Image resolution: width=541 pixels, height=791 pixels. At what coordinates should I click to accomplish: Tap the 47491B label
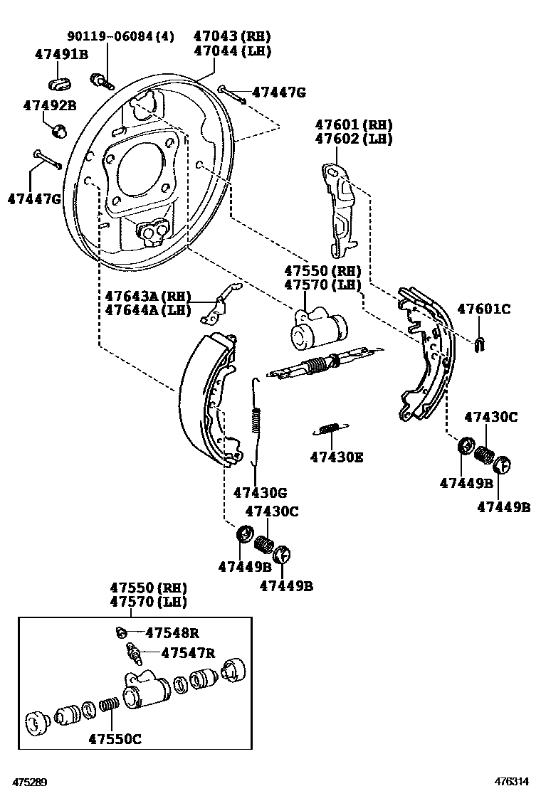point(61,54)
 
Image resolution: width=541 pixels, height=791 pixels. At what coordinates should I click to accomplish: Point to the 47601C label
point(483,309)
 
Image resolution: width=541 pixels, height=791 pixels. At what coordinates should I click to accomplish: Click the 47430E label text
point(336,457)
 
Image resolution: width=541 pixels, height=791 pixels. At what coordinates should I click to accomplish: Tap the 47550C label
point(115,739)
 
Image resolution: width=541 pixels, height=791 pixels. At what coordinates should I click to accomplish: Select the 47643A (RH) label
point(148,296)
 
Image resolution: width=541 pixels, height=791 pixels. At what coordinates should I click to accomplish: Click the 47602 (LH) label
point(354,139)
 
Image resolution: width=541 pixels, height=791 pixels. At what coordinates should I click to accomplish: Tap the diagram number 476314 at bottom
point(513,782)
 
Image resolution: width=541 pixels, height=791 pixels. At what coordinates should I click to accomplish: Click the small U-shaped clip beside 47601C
point(480,344)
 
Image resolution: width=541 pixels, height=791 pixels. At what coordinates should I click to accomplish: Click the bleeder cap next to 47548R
point(121,632)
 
